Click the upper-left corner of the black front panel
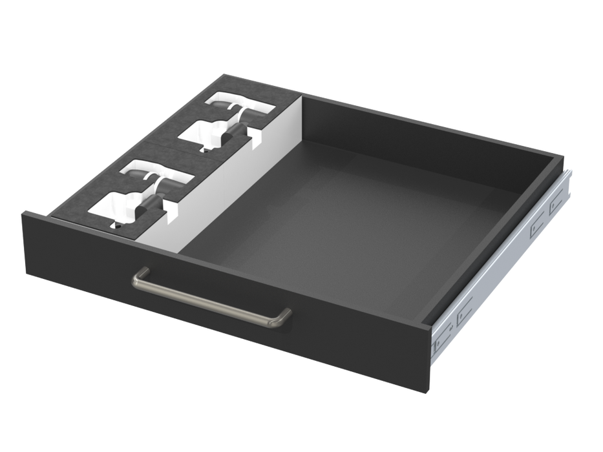[x=25, y=211]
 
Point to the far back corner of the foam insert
[x=223, y=72]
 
